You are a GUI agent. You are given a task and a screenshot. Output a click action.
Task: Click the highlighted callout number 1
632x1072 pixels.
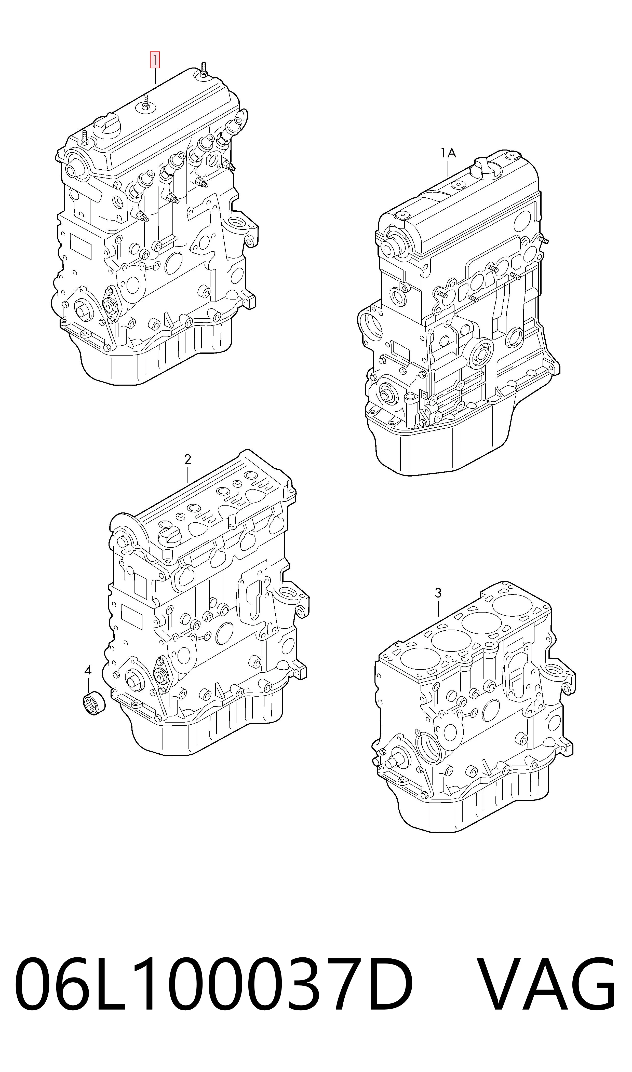click(154, 60)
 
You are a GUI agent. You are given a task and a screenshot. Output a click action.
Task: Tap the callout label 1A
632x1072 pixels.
click(448, 153)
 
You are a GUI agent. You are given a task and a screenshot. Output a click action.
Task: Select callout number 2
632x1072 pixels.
click(187, 459)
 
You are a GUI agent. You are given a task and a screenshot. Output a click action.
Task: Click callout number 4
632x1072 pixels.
click(88, 671)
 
